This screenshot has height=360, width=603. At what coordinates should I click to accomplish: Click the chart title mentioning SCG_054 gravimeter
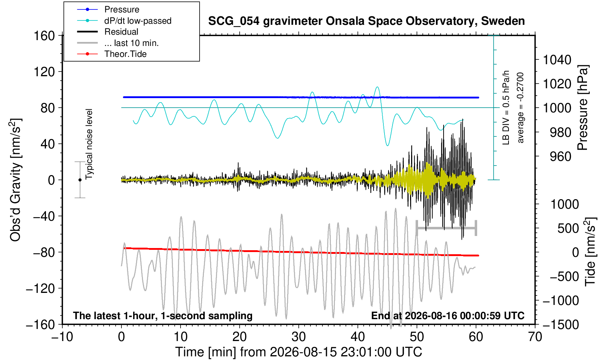point(366,21)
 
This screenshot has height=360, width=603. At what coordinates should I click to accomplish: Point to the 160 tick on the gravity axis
point(44,36)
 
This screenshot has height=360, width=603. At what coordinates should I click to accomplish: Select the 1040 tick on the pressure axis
point(557,59)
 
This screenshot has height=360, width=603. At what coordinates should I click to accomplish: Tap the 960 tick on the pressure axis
point(560,156)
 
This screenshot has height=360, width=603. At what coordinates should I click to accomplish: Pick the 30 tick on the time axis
point(299,337)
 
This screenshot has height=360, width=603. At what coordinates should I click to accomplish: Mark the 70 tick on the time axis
point(535,337)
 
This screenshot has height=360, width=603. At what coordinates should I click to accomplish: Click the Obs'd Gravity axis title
point(15,180)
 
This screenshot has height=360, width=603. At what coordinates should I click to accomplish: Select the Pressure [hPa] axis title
point(583,108)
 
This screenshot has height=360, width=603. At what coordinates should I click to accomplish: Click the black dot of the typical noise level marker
point(80,180)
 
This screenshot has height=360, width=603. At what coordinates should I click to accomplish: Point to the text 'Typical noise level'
point(89,144)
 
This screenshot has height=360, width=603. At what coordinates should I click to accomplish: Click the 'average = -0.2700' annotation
point(520,108)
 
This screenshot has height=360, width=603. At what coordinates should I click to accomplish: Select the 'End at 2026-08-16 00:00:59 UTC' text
point(448,316)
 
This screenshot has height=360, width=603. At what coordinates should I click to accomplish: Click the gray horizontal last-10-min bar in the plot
point(447,228)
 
